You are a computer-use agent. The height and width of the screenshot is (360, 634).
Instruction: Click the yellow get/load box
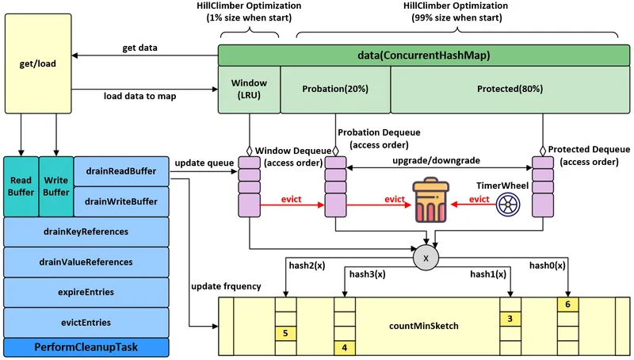38,63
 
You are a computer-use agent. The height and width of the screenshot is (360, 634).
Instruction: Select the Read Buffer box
21,186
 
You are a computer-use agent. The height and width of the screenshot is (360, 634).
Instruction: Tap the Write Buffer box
56,186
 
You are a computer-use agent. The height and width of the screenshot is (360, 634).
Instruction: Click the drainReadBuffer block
121,171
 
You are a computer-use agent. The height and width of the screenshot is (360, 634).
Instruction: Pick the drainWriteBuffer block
121,201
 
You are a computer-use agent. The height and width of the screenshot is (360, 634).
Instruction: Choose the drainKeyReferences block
86,232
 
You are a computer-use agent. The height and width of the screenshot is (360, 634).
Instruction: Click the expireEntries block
86,292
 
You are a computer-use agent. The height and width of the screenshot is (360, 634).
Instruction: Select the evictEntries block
86,323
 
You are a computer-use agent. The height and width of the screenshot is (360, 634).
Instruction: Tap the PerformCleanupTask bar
86,347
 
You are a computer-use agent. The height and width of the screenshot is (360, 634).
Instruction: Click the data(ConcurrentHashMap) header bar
424,55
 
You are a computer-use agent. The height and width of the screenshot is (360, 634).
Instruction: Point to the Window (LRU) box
249,90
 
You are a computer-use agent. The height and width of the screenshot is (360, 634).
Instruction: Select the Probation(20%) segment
335,90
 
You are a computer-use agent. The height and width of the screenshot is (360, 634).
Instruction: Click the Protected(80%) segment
510,90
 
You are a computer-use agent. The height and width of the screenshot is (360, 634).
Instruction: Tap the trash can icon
430,200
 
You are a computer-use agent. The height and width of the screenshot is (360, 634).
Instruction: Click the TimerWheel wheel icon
508,205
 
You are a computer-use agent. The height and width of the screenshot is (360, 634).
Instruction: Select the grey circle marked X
426,258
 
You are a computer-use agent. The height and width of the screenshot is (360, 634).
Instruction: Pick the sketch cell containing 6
567,304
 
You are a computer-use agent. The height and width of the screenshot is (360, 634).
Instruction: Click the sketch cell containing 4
345,348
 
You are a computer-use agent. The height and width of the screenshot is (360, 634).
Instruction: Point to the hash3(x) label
367,274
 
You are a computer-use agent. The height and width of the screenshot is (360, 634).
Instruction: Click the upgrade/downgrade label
437,161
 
